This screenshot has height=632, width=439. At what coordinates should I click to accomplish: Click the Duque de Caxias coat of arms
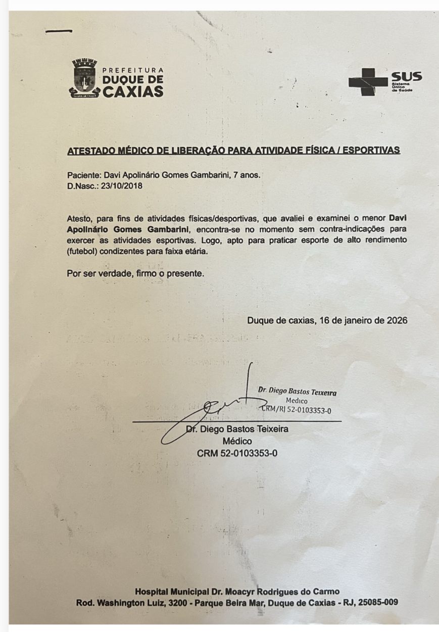click(84, 78)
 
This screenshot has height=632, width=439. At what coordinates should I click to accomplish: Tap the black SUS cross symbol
click(368, 81)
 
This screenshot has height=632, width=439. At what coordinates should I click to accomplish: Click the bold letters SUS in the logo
click(407, 77)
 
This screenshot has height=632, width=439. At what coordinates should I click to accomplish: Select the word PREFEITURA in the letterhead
click(133, 70)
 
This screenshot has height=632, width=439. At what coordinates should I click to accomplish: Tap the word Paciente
click(84, 176)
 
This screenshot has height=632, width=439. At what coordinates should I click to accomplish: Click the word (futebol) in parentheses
click(84, 251)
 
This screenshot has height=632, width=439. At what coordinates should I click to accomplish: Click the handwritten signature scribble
click(217, 409)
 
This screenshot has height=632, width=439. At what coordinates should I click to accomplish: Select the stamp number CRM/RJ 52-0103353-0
click(297, 410)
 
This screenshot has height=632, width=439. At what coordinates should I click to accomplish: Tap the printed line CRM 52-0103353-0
click(237, 453)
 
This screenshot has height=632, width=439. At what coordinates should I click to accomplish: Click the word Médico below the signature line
click(237, 441)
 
